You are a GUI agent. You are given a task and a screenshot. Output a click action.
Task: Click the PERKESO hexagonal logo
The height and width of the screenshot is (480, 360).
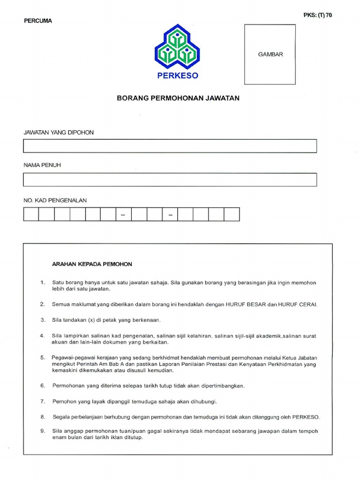click(178, 47)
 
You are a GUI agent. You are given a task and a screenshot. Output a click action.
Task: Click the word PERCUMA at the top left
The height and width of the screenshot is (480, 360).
click(37, 21)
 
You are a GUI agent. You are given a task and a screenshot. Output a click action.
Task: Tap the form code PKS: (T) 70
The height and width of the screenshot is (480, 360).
click(318, 15)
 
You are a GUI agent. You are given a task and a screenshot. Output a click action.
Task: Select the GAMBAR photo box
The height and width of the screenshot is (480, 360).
click(270, 54)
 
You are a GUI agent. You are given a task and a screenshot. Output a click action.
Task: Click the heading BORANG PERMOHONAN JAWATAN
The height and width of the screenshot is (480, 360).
click(178, 98)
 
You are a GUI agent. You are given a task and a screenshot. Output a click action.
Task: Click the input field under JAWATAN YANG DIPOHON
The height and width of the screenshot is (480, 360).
click(170, 146)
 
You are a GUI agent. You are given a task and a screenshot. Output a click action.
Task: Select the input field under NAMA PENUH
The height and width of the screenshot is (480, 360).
click(170, 180)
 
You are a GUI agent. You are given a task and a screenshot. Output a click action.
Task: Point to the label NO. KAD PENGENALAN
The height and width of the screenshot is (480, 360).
click(55, 200)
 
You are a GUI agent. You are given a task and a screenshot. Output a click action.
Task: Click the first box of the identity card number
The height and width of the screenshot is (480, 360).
click(31, 214)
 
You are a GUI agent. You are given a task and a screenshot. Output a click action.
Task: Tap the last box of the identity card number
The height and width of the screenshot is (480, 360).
click(232, 214)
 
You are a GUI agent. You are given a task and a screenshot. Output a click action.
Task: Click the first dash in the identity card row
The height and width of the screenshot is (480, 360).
click(123, 215)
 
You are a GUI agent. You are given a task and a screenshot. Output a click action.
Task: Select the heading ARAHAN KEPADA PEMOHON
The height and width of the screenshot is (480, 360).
click(92, 264)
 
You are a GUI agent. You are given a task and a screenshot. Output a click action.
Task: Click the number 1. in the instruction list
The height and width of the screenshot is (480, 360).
click(42, 283)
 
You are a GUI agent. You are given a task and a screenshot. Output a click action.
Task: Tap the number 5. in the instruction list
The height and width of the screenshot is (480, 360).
click(42, 357)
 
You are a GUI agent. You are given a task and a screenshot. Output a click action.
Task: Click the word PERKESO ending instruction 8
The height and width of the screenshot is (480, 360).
click(306, 417)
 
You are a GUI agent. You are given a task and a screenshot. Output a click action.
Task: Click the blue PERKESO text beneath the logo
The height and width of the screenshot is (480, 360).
click(178, 76)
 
